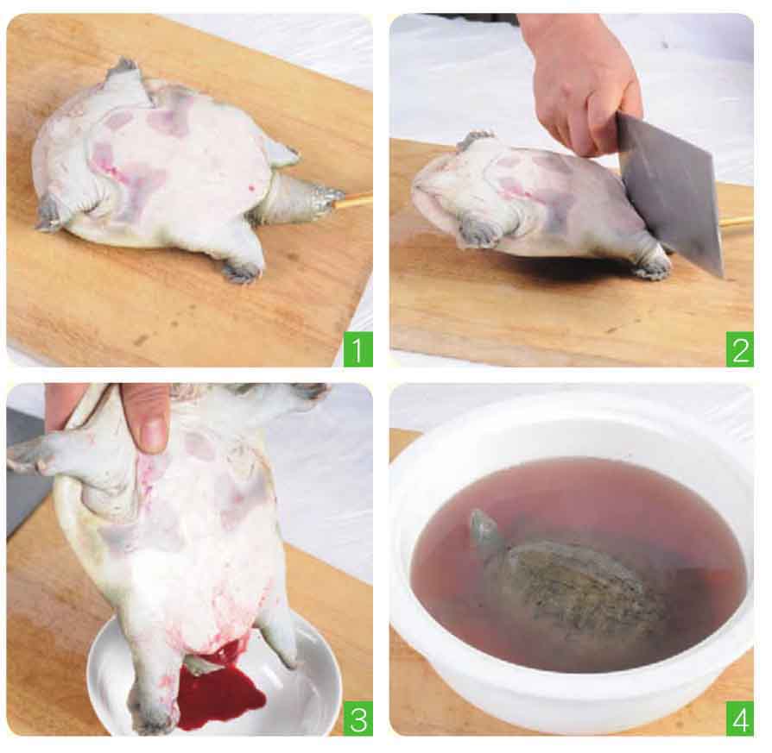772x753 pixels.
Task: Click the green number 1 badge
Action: coord(358,349)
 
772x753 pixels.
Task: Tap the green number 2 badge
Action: coord(739,349)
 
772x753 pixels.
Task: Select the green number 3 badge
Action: coord(358,718)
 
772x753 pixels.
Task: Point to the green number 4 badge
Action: coord(739,718)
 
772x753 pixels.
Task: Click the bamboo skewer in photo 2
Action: coord(737,222)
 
